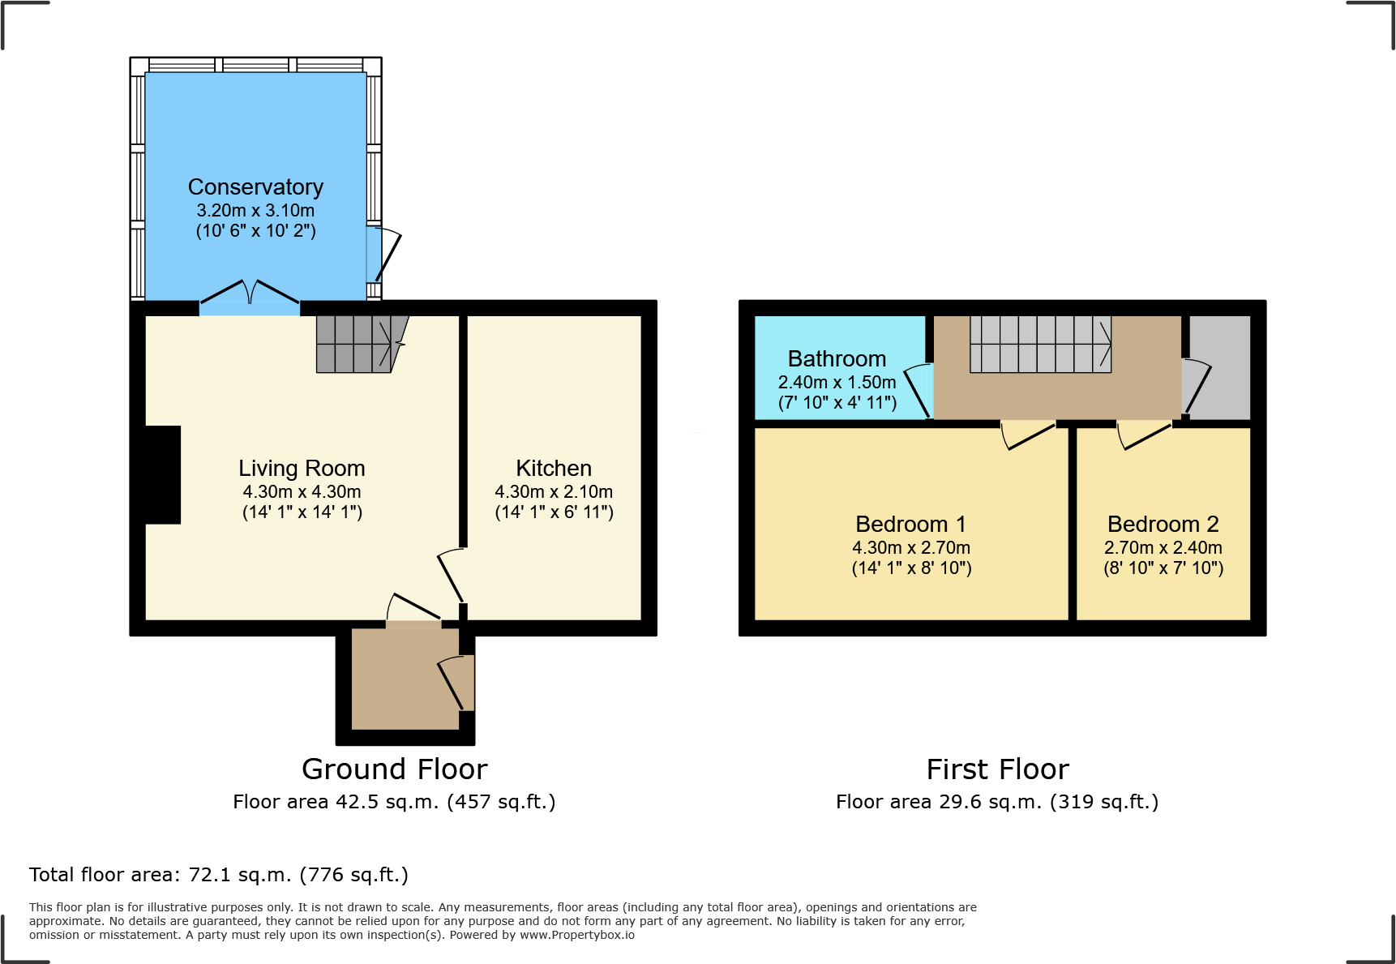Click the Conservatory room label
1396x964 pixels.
point(255,187)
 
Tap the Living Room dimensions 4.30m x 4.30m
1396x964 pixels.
point(302,492)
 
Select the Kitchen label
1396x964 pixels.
point(554,469)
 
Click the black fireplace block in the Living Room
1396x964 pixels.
point(162,474)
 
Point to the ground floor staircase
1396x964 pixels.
point(357,344)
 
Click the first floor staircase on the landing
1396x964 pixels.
point(1040,344)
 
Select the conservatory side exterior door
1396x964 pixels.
point(386,255)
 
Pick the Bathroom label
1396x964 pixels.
point(837,359)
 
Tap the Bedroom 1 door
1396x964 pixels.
point(1028,435)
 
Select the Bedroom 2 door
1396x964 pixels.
point(1144,435)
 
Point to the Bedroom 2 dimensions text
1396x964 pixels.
point(1163,548)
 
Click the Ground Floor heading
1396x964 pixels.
point(394,769)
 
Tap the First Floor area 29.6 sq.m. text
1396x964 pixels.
point(996,802)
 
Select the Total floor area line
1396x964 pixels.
point(219,875)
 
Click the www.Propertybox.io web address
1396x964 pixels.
point(576,935)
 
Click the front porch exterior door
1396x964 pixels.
point(456,683)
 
